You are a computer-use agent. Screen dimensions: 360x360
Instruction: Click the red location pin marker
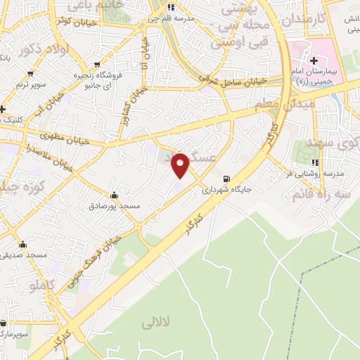coord(181,165)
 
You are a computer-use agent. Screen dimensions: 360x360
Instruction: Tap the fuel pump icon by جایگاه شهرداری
coord(226,179)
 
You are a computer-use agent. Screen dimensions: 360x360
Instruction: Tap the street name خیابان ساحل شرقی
coord(234,81)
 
